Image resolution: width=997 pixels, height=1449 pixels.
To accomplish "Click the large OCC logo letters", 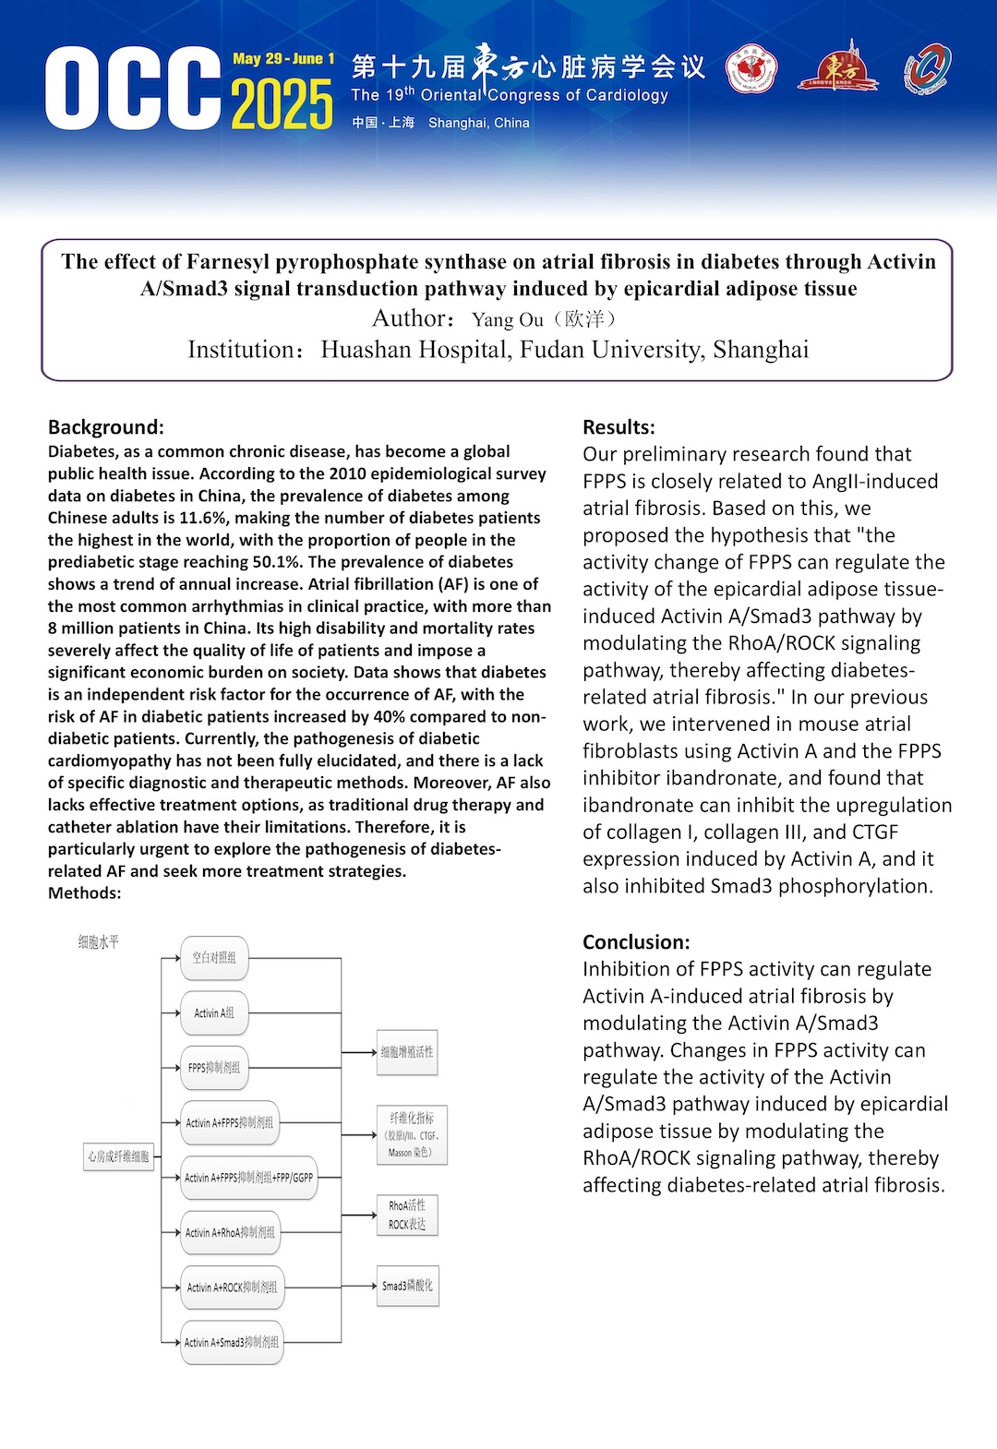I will tap(133, 89).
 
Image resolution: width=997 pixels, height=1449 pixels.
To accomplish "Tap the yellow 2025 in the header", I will tap(282, 104).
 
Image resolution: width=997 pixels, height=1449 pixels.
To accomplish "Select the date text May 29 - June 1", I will tap(283, 59).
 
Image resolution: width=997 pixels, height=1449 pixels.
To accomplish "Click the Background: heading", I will tap(106, 427).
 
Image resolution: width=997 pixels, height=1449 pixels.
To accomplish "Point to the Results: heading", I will tap(619, 427).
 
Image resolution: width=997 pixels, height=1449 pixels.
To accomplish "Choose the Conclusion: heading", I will tap(636, 942).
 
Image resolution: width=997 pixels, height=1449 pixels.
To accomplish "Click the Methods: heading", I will tap(85, 893).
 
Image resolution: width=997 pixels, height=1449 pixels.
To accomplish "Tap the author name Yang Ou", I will tap(508, 320).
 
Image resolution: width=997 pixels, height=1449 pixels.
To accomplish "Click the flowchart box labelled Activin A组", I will tap(214, 1013).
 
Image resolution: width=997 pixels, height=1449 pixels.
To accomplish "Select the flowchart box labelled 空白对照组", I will tap(214, 958).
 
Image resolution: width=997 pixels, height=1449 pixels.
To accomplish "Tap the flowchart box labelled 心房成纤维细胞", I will tap(118, 1156).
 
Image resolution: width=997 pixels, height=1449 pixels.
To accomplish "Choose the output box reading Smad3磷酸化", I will tap(407, 1286).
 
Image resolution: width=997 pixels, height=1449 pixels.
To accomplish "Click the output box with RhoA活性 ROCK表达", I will tap(407, 1215).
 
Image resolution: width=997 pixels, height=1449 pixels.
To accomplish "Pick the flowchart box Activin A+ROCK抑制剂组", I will tap(232, 1287).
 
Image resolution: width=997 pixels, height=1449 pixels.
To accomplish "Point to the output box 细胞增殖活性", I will tap(407, 1052).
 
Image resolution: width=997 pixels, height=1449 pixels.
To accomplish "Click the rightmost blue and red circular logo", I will tap(927, 69).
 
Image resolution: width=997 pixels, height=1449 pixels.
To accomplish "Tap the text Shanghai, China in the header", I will tap(478, 123).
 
